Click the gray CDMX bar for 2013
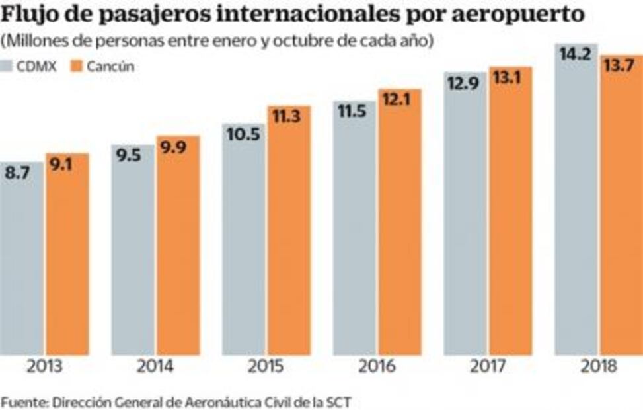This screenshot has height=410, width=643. [22, 265]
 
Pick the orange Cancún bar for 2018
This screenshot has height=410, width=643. [621, 212]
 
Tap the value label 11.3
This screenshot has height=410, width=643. [288, 117]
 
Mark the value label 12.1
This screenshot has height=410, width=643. [399, 100]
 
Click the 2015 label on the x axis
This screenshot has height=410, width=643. [266, 366]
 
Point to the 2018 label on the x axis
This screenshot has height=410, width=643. [599, 366]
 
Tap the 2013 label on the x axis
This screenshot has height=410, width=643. [44, 366]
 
